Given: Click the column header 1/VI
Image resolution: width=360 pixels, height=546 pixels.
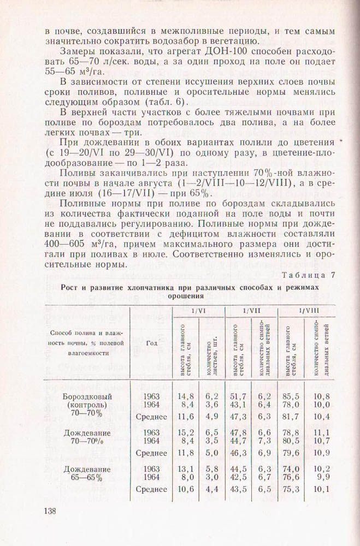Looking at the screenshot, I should coord(198,310).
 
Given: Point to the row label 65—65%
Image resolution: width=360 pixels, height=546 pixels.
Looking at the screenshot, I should coord(86,478).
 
